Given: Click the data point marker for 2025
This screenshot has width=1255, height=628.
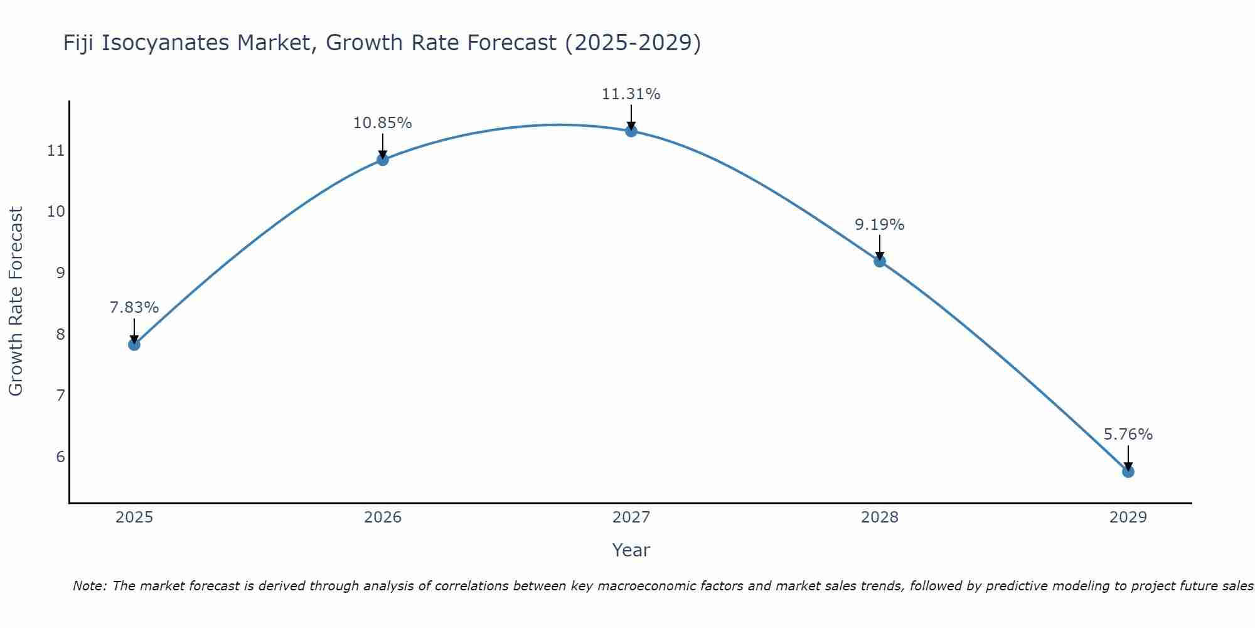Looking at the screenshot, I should (134, 344).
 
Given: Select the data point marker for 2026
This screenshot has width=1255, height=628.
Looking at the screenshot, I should (382, 160).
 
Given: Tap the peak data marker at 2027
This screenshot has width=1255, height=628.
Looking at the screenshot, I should (631, 131).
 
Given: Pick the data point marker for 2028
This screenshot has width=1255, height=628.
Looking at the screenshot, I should (880, 261).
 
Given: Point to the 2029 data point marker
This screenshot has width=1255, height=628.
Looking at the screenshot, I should (1128, 471).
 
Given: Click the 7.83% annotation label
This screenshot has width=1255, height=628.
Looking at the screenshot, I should (134, 308).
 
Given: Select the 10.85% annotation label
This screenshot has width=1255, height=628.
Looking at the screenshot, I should (382, 123).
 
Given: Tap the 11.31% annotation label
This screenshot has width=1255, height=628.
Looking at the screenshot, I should (631, 94).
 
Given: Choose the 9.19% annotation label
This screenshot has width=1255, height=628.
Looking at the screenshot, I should (879, 225).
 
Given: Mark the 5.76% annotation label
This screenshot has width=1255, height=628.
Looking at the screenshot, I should (1128, 435).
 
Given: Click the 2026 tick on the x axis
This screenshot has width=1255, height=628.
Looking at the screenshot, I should (383, 517).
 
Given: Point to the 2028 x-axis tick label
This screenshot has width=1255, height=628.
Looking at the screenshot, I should (880, 517).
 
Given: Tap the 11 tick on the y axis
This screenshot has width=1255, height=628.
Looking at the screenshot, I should (56, 150).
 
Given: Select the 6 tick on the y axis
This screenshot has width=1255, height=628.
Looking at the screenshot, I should (60, 457).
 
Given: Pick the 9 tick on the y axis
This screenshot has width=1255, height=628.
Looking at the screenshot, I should (60, 273).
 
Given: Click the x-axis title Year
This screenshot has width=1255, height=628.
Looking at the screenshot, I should (631, 550).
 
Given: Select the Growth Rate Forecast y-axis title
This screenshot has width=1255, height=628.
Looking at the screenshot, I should (16, 301).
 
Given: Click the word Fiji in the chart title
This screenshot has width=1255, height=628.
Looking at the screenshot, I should (79, 43).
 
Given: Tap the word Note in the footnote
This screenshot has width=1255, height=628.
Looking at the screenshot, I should (89, 586).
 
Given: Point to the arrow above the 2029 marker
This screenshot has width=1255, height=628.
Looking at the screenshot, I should (1128, 457).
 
